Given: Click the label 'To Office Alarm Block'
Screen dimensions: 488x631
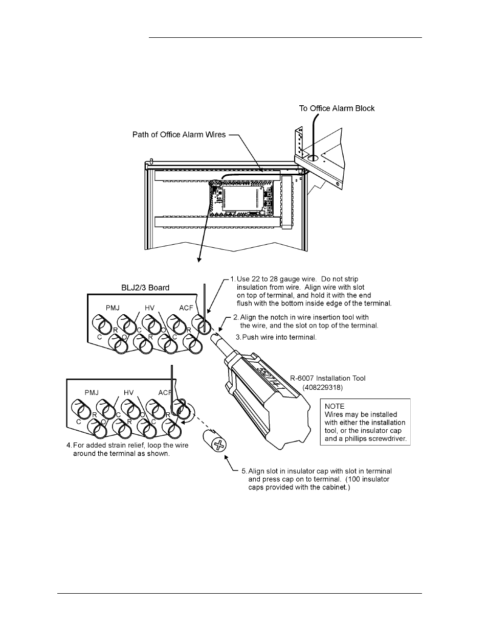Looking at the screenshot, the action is click(x=337, y=108).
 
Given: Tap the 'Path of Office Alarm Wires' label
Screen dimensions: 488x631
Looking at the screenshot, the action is click(x=179, y=135).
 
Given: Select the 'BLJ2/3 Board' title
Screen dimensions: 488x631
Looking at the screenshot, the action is click(x=145, y=288).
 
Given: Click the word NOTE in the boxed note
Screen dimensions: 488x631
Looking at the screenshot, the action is click(x=334, y=406).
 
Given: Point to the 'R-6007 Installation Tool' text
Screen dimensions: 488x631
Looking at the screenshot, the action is click(x=328, y=379).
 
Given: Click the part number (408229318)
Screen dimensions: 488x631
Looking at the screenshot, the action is click(x=323, y=388).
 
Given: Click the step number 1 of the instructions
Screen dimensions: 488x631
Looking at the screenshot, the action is click(x=233, y=279).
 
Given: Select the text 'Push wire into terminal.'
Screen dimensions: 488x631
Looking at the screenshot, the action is click(x=279, y=337).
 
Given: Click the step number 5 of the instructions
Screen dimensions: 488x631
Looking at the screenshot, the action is click(x=244, y=471).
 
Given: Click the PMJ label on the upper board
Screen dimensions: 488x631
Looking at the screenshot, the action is click(x=113, y=308).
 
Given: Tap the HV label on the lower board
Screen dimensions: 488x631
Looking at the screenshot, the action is click(x=128, y=393).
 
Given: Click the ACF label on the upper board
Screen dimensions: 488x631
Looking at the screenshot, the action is click(x=186, y=308).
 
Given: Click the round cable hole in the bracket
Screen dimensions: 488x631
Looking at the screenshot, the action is click(x=314, y=158).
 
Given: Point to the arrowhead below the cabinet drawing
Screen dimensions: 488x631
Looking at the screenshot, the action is click(x=199, y=260).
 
